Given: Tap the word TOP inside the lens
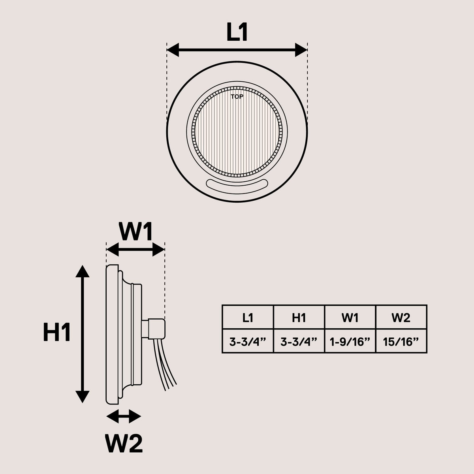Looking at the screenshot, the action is (x=237, y=97).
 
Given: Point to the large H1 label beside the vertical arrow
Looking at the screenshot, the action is (x=57, y=332).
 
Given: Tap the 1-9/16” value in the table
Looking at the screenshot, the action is (x=350, y=342).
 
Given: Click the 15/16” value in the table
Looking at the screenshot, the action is (x=401, y=342).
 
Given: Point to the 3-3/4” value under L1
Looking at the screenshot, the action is (x=248, y=342).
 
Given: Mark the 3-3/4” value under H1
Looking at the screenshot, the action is (x=299, y=342).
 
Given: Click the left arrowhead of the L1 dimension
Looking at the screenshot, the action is (x=173, y=50).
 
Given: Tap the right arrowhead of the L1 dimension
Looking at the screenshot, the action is (x=301, y=50).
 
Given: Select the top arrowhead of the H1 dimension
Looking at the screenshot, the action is (x=83, y=271).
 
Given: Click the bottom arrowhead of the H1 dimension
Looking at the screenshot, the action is (x=83, y=397).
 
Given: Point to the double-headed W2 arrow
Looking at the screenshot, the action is (x=124, y=416).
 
